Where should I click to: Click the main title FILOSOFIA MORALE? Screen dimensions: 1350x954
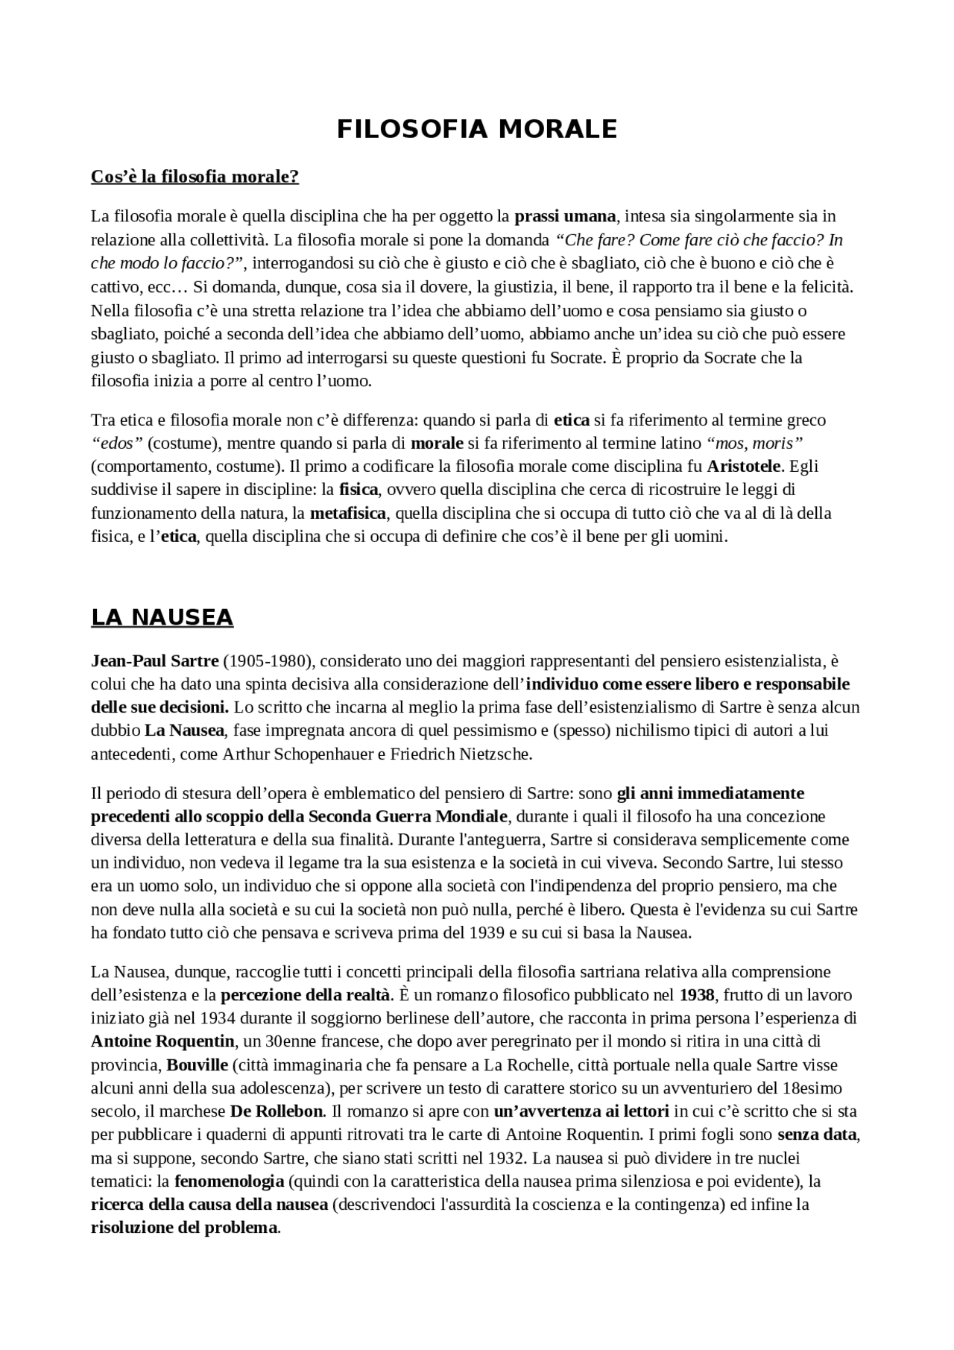tap(477, 129)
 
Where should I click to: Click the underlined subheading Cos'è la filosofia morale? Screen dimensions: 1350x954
tap(195, 177)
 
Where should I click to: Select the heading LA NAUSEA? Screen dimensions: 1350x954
tap(162, 617)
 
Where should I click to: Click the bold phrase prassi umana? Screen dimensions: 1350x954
tap(565, 216)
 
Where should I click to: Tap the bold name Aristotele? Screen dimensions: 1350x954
tap(744, 467)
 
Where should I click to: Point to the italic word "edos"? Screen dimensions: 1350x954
tap(116, 444)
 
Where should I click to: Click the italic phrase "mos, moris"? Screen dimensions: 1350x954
tap(754, 444)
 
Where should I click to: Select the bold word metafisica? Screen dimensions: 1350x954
tap(348, 514)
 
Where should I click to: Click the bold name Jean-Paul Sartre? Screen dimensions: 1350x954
tap(154, 660)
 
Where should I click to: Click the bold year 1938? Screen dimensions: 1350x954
tap(697, 995)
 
